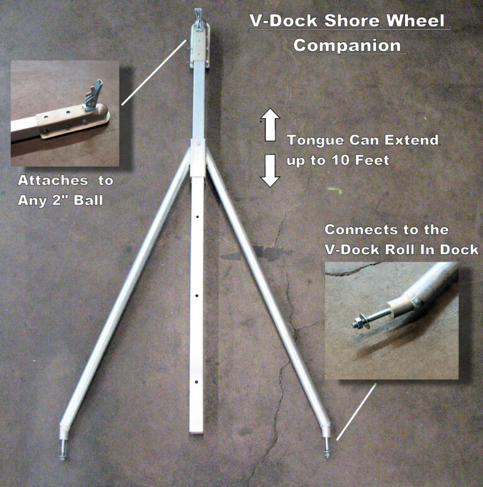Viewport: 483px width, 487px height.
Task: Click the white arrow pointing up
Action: tap(270, 124)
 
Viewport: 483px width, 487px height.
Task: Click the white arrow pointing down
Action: tap(270, 171)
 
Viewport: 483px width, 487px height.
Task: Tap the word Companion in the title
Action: tap(347, 45)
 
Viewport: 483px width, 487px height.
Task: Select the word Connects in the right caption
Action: tap(356, 229)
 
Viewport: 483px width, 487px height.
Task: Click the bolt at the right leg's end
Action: tap(326, 448)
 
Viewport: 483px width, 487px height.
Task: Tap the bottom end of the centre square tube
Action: tap(197, 429)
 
